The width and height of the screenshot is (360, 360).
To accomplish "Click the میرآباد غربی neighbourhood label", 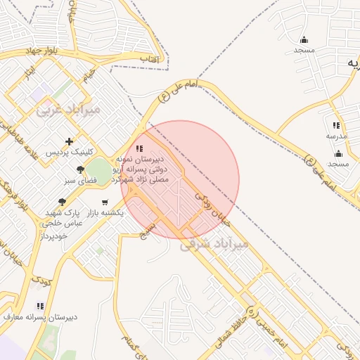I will click(69, 110).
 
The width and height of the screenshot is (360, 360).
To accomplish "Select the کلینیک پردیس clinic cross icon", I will click(69, 142).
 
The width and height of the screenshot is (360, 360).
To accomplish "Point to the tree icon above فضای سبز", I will click(80, 169).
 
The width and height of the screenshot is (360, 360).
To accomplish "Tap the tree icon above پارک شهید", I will click(63, 202).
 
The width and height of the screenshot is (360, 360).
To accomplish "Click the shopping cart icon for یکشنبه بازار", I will click(105, 202).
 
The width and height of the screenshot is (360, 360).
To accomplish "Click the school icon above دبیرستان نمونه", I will click(139, 149).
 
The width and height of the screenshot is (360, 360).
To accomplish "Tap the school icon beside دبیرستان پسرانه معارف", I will click(40, 307).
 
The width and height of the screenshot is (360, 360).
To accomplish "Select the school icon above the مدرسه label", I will click(334, 125).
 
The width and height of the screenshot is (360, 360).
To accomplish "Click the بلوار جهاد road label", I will click(25, 52).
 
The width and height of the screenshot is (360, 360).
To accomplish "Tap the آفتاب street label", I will click(150, 59).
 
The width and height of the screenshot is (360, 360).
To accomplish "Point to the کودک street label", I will click(41, 281).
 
